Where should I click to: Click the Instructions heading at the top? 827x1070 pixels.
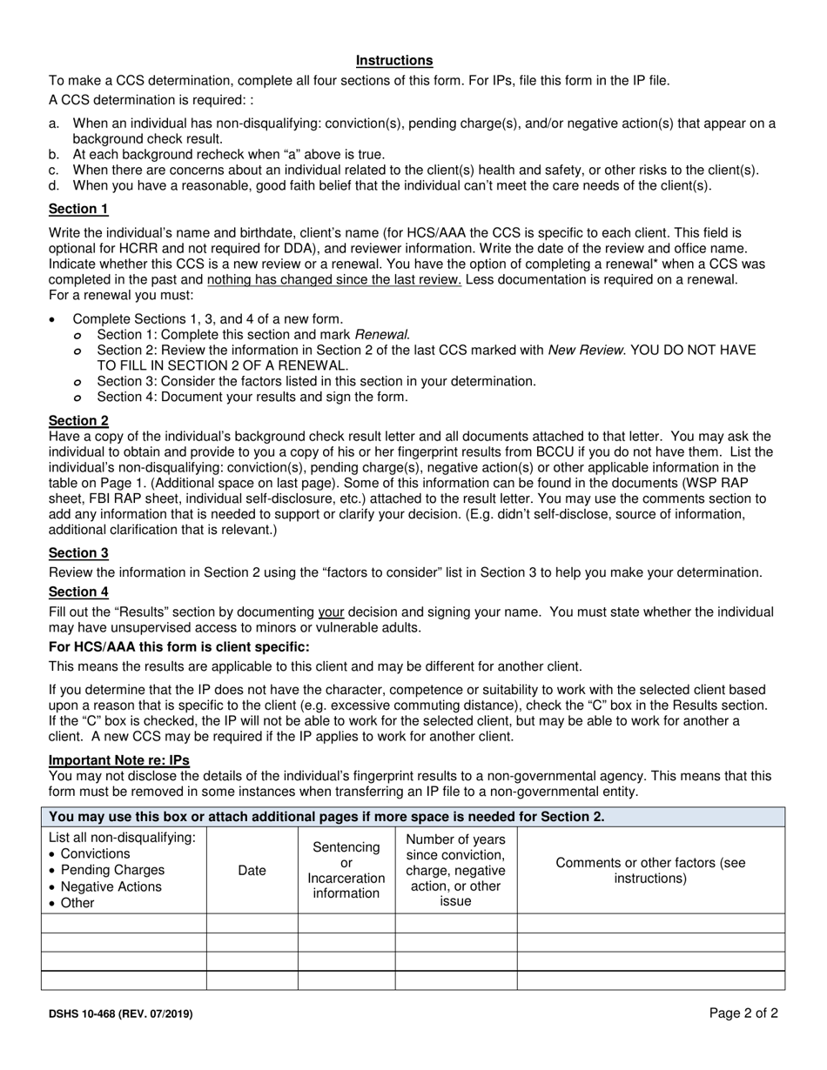click(x=394, y=60)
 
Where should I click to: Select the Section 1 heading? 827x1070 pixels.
click(x=78, y=209)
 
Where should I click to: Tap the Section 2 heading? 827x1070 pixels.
click(x=78, y=421)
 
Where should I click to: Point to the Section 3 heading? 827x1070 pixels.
click(x=78, y=552)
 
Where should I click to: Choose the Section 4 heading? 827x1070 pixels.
click(x=78, y=592)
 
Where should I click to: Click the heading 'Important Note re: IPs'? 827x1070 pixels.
click(x=118, y=759)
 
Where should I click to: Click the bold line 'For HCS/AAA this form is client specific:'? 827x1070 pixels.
click(x=178, y=646)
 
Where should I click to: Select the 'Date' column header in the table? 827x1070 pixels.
click(x=252, y=870)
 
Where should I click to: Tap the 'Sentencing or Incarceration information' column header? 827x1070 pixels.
click(x=346, y=870)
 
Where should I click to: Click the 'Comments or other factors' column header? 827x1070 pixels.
click(x=650, y=870)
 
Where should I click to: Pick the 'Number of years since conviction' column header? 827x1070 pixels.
click(x=455, y=870)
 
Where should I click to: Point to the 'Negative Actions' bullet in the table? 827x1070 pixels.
click(x=112, y=886)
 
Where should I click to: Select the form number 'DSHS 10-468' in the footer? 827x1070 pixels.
click(x=120, y=1013)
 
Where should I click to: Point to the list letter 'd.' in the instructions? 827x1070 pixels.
click(x=55, y=185)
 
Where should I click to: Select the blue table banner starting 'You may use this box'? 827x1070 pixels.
click(x=413, y=816)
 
